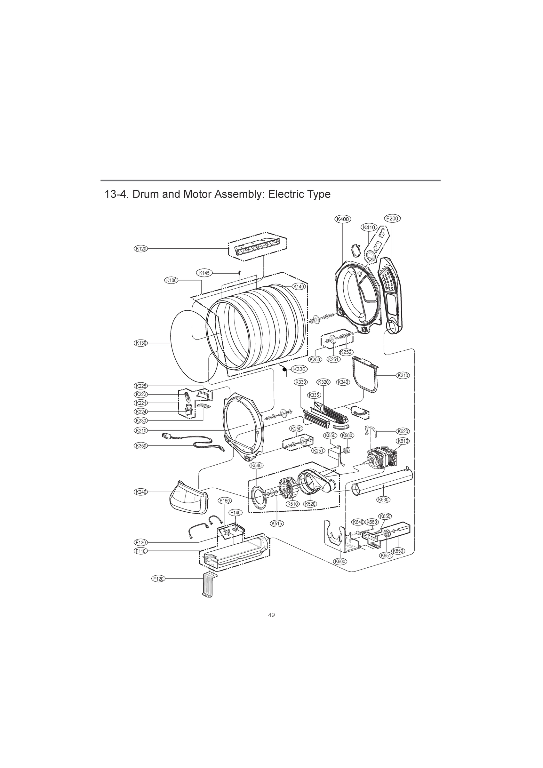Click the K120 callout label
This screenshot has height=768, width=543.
pos(141,249)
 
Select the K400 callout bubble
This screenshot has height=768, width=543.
pos(342,219)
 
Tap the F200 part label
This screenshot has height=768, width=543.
pos(392,219)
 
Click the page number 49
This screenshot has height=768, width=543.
pos(271,615)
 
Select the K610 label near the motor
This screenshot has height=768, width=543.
pos(403,441)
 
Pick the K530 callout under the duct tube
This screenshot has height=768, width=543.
pos(383,509)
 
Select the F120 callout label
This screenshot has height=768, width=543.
pos(158,579)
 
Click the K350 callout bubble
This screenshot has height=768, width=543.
pos(141,445)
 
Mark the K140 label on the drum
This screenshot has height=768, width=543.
pos(299,286)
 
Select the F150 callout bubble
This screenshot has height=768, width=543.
pos(224,510)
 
